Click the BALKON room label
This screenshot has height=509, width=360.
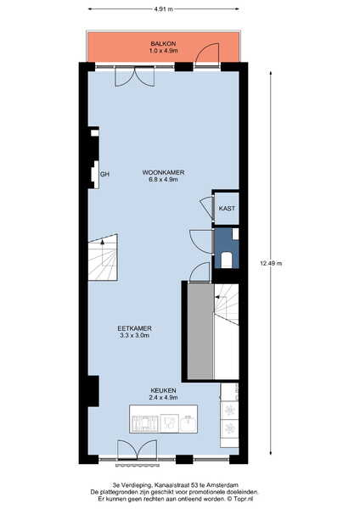point(163,43)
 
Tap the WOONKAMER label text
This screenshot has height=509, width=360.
point(163,172)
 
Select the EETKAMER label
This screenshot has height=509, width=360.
point(134,328)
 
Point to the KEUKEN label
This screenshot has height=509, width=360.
point(163,390)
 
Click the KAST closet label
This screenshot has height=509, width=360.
point(227,209)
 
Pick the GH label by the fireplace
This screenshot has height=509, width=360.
point(104,174)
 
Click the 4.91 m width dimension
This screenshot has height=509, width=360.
point(163,9)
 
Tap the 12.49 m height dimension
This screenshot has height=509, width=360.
point(271,263)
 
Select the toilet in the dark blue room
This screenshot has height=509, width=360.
point(227,260)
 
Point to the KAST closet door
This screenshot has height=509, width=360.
point(205,208)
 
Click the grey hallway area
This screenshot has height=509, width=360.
point(200,331)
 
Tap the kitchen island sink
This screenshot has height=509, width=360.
point(188,423)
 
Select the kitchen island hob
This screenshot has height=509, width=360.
point(144,423)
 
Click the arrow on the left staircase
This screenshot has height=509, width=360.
point(103,242)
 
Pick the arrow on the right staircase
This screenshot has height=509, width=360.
point(217,297)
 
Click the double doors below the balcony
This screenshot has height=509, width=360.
point(135,77)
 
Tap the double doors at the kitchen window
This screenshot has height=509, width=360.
point(137,450)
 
